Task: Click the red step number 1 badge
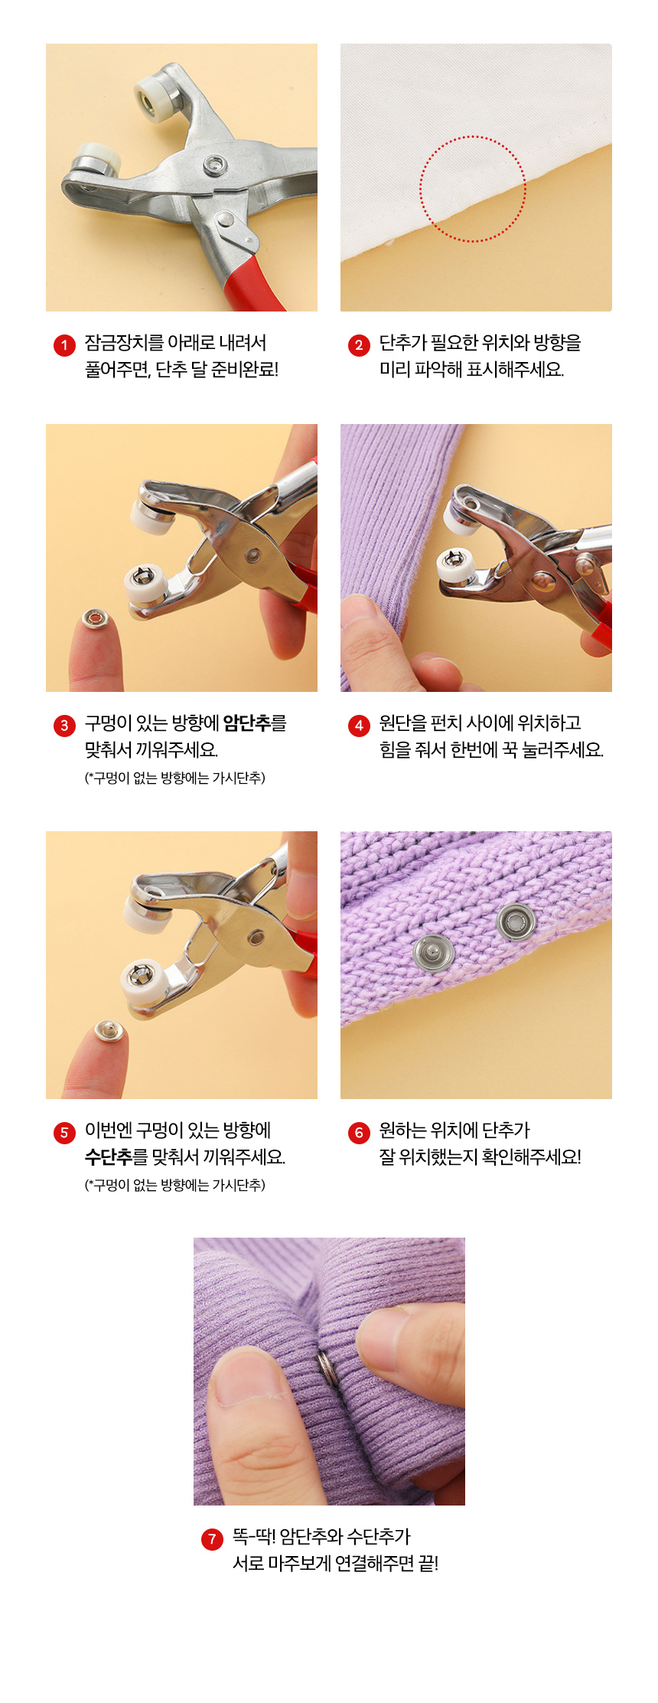[x=64, y=345]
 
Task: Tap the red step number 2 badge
[x=359, y=345]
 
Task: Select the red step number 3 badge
[x=64, y=726]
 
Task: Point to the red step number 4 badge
[x=359, y=726]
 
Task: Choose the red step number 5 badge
[x=64, y=1133]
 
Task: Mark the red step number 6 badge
[x=359, y=1133]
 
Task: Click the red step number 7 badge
[x=212, y=1539]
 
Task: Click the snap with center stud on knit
[x=434, y=953]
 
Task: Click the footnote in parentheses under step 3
[x=175, y=778]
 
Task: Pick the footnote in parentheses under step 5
[x=175, y=1185]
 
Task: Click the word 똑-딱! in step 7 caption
[x=254, y=1536]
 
